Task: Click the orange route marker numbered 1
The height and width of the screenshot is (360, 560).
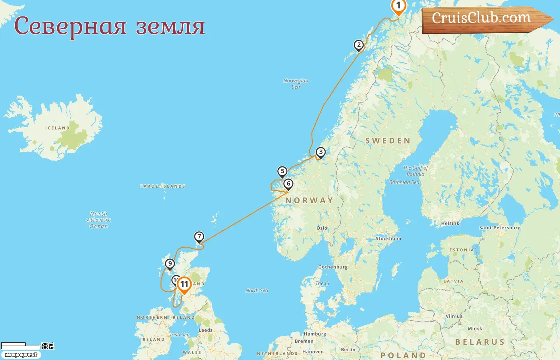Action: click(398, 6)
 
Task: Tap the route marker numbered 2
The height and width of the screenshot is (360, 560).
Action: click(359, 45)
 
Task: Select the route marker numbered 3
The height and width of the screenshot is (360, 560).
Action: click(320, 152)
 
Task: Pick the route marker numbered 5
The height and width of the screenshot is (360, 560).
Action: click(282, 172)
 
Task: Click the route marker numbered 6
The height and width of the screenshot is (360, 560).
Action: click(288, 184)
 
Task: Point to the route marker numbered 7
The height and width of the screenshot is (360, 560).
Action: click(199, 237)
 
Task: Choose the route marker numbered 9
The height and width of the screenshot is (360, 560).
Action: click(170, 264)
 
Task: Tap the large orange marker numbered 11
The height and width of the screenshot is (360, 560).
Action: click(184, 284)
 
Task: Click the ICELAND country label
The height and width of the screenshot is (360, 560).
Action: click(58, 128)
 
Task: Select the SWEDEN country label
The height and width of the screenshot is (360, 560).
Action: click(388, 141)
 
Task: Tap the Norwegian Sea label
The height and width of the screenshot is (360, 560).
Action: click(296, 84)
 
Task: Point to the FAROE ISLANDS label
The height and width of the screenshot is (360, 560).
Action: click(163, 186)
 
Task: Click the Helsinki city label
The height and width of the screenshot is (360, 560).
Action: click(451, 224)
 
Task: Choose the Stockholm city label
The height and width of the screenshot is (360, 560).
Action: click(388, 238)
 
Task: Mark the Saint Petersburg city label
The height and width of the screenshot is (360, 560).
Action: click(500, 228)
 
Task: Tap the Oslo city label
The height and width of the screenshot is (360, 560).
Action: click(322, 228)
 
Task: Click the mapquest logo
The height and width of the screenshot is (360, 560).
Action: click(21, 355)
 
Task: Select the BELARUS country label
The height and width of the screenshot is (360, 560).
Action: click(480, 342)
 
